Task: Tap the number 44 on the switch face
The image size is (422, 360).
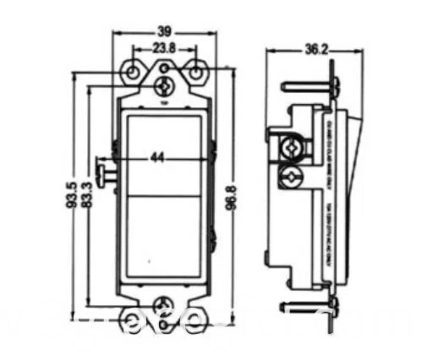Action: pos(159,157)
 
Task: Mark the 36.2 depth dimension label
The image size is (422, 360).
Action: pos(314,51)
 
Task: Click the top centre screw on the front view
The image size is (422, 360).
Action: pos(163,85)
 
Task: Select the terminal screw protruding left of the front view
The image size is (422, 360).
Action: pos(104,173)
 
